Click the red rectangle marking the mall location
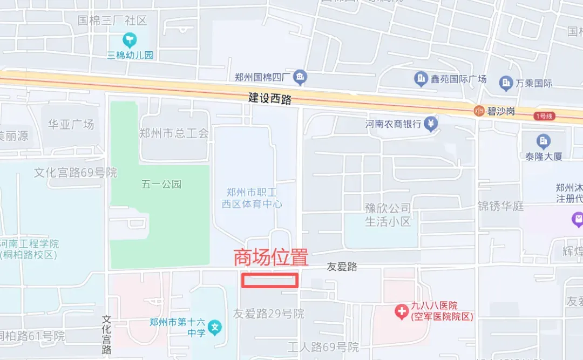tap(269, 280)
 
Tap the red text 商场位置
tap(270, 257)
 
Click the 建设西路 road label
tap(270, 99)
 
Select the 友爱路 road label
tap(342, 267)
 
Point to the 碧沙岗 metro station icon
tap(478, 111)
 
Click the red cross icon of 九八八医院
tap(402, 311)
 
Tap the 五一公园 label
tap(161, 184)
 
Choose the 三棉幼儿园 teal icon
tap(130, 39)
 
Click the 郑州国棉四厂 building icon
tap(300, 78)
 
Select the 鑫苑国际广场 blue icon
tap(421, 80)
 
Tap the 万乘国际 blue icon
tap(506, 83)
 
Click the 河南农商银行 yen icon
tap(431, 124)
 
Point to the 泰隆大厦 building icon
tap(543, 142)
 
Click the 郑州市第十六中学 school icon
tap(215, 327)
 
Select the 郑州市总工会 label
tap(174, 133)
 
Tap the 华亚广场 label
tap(71, 124)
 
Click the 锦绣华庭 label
tap(500, 206)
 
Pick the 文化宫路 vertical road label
tap(106, 335)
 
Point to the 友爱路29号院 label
tap(268, 313)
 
